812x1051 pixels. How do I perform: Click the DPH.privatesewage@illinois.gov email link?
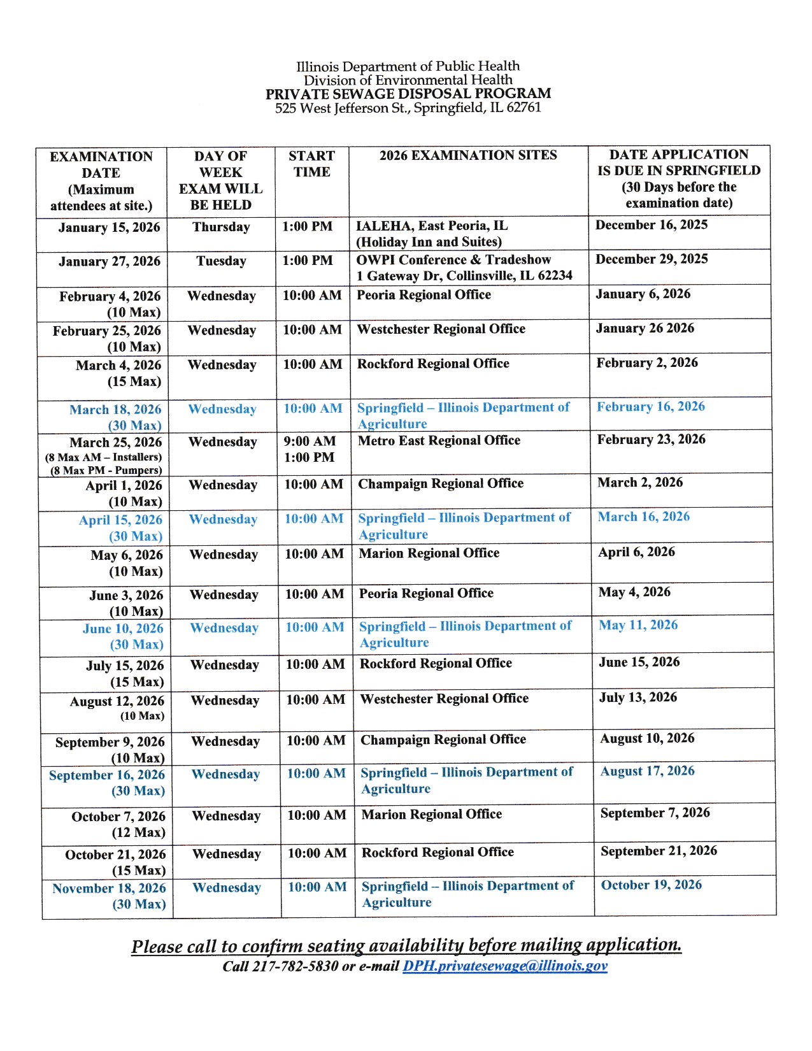(x=504, y=966)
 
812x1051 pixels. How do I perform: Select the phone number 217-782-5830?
(x=296, y=966)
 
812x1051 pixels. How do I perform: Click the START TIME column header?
(x=311, y=164)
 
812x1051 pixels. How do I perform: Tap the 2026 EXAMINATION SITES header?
(x=468, y=155)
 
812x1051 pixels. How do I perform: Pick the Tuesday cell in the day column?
(x=221, y=261)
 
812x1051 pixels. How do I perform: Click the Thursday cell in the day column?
(x=221, y=227)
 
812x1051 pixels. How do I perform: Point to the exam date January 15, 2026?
(x=109, y=228)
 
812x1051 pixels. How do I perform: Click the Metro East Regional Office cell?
(x=439, y=441)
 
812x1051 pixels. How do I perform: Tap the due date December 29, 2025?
(x=652, y=259)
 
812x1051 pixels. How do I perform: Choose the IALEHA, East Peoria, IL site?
(x=432, y=226)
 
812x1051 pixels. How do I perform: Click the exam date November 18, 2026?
(x=109, y=889)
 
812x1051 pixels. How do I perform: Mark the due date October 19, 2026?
(x=651, y=885)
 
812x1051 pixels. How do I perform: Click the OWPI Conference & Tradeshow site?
(x=453, y=260)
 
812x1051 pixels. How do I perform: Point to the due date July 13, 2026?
(x=637, y=697)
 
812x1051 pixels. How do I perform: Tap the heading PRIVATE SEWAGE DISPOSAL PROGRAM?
(x=408, y=94)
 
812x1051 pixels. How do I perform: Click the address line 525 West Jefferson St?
(x=408, y=108)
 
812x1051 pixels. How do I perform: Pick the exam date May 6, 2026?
(x=127, y=555)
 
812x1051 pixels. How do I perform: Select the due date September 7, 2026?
(x=655, y=813)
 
